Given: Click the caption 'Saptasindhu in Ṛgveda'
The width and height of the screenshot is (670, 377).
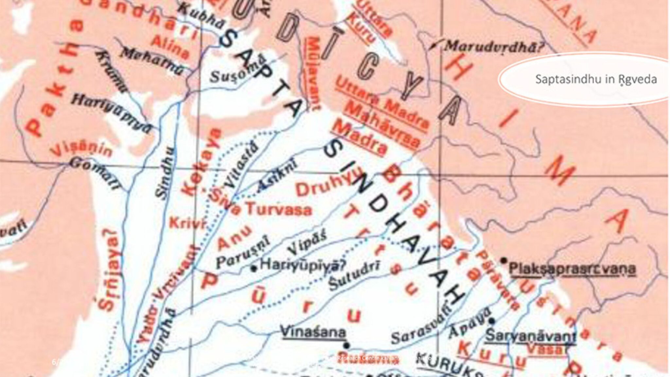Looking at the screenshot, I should pyautogui.click(x=596, y=79).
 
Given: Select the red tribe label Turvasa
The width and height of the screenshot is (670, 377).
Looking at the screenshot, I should pyautogui.click(x=278, y=209).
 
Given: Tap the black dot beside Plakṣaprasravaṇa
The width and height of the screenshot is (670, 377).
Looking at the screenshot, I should pyautogui.click(x=504, y=260).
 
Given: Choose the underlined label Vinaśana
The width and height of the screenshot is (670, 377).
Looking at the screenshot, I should pyautogui.click(x=313, y=333).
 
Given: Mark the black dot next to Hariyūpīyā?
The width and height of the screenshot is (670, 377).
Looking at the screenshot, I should pyautogui.click(x=253, y=269).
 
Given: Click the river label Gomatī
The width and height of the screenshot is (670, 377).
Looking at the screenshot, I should pyautogui.click(x=95, y=173).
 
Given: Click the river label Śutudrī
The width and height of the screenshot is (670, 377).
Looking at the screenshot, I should pyautogui.click(x=354, y=276).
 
